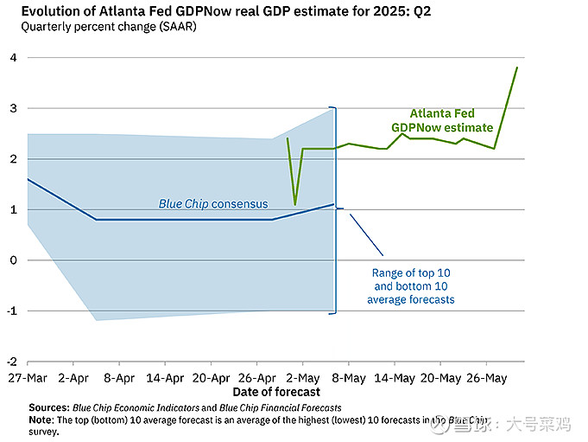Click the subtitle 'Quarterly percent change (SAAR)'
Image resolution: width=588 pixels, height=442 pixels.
104,26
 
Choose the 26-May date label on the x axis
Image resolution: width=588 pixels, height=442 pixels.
486,378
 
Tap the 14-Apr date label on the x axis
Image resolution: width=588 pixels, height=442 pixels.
164,378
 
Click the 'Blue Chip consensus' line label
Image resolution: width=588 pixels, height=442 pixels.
213,204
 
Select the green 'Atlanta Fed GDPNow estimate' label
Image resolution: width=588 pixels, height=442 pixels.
442,120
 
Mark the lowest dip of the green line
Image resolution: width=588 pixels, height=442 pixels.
295,205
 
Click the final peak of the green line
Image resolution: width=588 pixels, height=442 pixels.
517,67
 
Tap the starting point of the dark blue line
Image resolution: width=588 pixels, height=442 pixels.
28,179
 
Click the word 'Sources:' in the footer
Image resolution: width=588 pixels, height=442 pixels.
48,407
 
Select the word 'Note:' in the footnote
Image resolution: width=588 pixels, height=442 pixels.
41,420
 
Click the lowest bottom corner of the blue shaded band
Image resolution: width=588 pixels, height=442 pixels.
95,320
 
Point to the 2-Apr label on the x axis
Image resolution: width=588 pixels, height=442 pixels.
73,378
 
